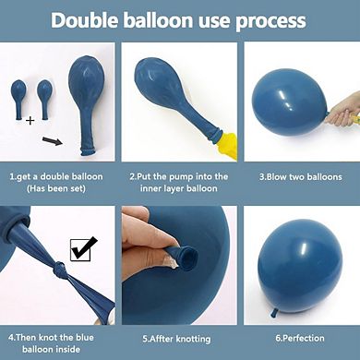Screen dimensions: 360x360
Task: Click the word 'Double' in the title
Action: [89, 21]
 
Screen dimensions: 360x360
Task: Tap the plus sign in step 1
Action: [30, 120]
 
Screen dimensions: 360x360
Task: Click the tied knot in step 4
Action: [57, 275]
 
